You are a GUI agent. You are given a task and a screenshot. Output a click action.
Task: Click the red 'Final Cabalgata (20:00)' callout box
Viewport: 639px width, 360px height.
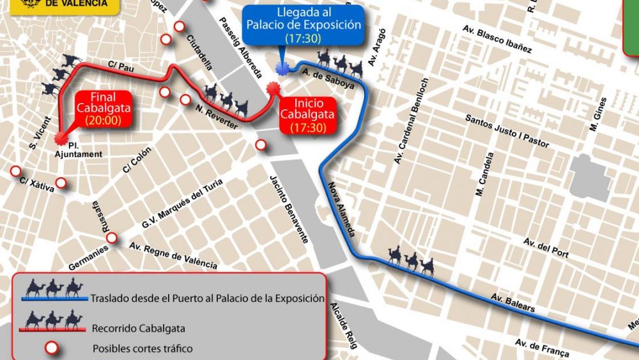point(104,109)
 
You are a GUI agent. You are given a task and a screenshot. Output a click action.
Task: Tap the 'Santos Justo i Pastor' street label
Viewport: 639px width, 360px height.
point(507,131)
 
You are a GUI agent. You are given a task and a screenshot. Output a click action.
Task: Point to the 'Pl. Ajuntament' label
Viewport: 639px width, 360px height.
point(79,150)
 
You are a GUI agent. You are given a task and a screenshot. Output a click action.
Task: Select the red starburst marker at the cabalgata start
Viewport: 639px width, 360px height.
point(273,89)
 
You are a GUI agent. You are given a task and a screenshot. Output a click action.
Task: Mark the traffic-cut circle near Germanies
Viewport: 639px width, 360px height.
point(112,238)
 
